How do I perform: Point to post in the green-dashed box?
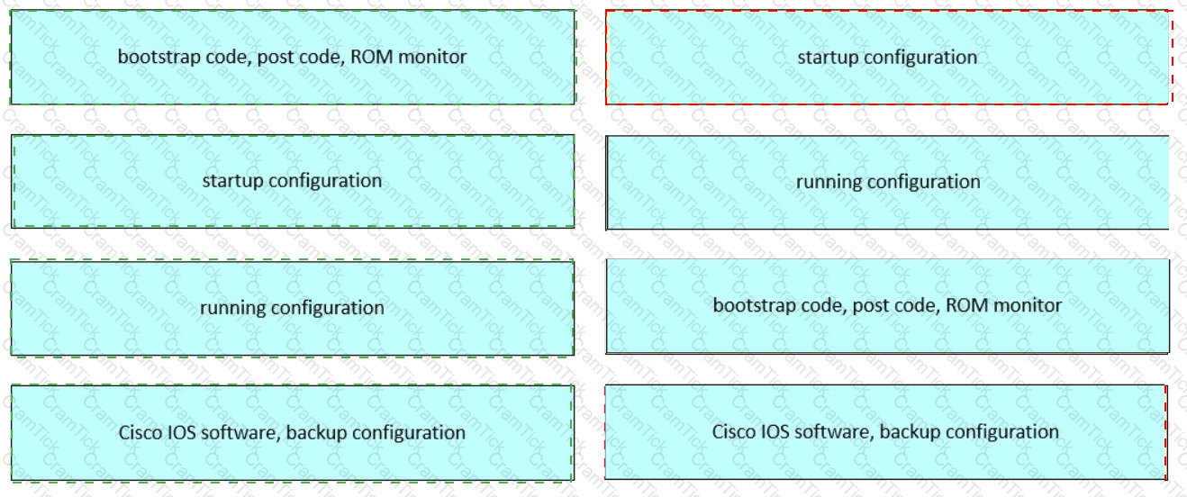pyautogui.click(x=276, y=57)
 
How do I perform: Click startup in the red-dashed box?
pyautogui.click(x=829, y=57)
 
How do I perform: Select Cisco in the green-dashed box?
pyautogui.click(x=140, y=432)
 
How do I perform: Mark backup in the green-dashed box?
pyautogui.click(x=317, y=432)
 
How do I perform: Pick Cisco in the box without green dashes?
pyautogui.click(x=734, y=431)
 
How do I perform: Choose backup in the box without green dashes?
pyautogui.click(x=911, y=431)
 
